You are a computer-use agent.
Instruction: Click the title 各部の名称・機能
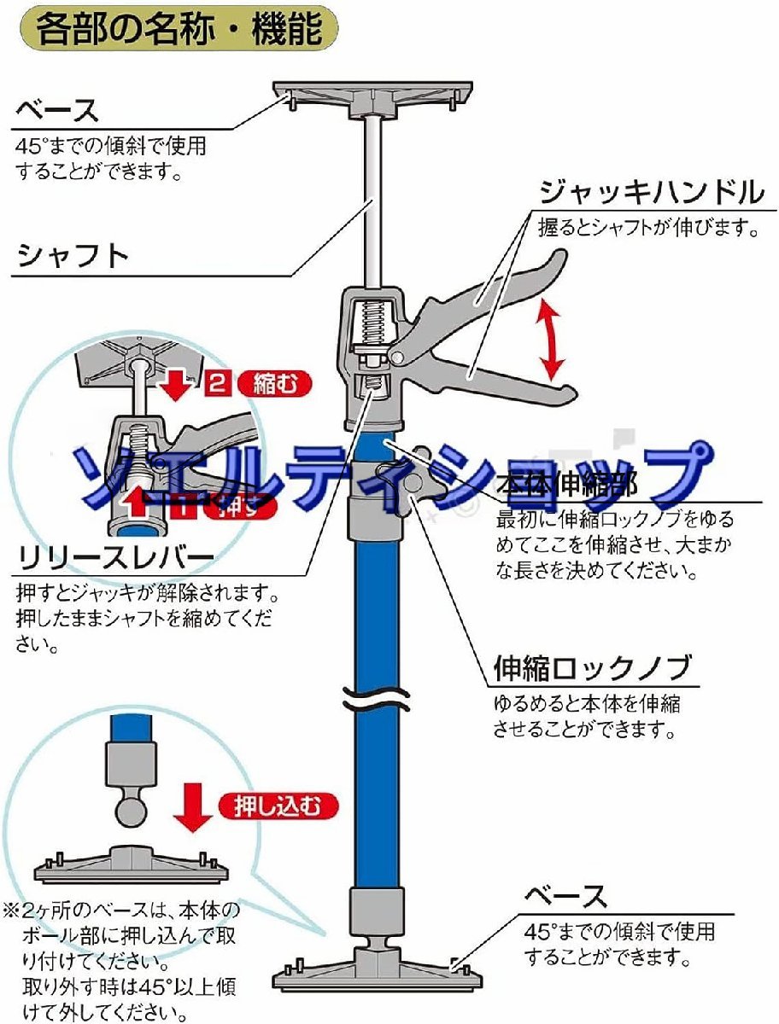pos(179,30)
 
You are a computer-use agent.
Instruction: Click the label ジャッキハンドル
pos(651,194)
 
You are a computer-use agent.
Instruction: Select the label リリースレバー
pos(115,559)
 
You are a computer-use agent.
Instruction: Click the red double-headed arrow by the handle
pos(552,340)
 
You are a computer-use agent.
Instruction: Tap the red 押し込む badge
pos(278,805)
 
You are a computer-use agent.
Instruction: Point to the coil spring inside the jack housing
pos(372,323)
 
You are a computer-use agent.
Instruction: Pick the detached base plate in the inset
pos(132,865)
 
